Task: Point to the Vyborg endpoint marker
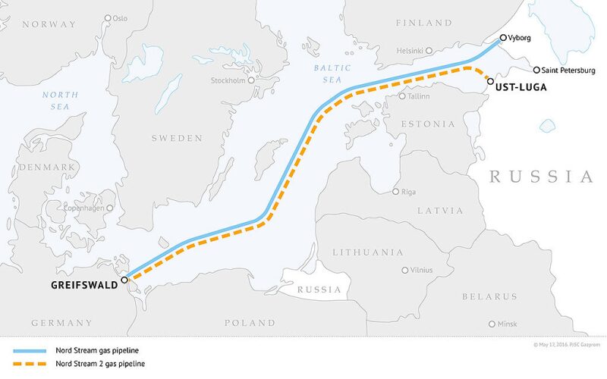pos(503,37)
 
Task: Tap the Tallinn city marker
pos(403,96)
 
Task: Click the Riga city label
pos(408,192)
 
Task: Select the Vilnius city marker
pos(404,269)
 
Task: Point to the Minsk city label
pos(508,324)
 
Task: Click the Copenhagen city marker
pos(110,208)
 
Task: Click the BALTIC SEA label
pos(332,73)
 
